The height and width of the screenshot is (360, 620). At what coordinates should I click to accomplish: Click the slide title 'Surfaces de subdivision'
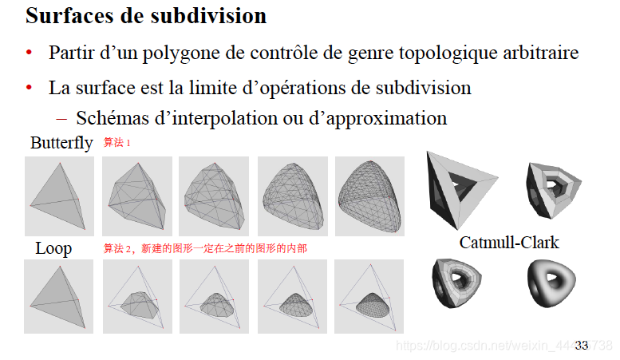coord(146,16)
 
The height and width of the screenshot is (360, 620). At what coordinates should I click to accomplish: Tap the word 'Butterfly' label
coord(61,144)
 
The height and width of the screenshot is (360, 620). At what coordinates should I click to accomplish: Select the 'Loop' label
coord(53,248)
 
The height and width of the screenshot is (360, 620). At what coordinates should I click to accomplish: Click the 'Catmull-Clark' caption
coord(509,243)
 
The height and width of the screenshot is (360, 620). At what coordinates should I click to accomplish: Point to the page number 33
coord(581,345)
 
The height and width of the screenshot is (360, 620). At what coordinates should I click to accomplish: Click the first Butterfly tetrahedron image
coord(59,196)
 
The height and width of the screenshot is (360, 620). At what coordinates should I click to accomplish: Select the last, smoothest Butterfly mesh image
coord(369,196)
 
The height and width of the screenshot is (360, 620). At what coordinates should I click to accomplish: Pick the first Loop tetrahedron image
coord(59,296)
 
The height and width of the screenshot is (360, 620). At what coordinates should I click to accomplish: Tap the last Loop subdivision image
coord(369,296)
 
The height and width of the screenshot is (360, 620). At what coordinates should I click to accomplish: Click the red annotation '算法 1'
coord(116,143)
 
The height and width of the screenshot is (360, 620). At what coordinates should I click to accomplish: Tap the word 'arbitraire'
coord(541,53)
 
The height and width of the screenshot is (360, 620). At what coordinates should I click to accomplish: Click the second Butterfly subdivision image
coord(137,196)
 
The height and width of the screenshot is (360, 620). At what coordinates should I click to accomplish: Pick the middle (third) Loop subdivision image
coord(214,296)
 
